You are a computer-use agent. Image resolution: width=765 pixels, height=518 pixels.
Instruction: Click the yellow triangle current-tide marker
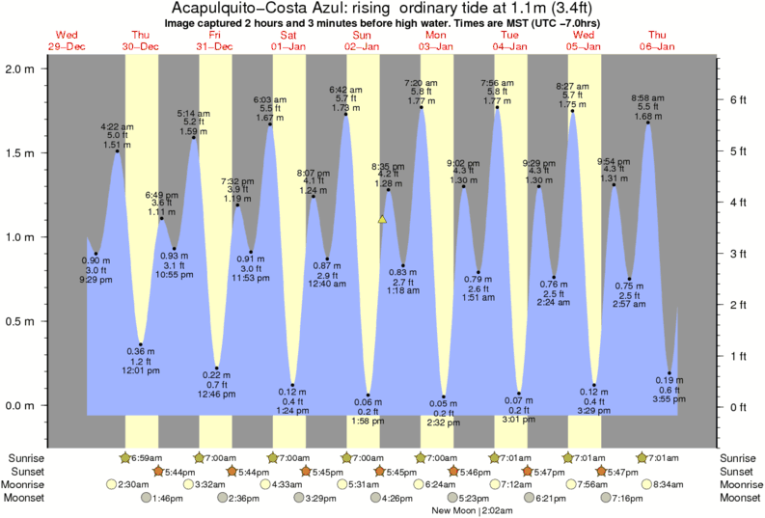[x=382, y=220]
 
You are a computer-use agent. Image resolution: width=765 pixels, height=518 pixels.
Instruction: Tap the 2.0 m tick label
[x=18, y=69]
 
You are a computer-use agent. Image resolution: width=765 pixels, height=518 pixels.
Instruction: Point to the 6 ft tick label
[x=738, y=99]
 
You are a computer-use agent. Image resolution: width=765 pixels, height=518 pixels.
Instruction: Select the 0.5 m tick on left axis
[x=18, y=321]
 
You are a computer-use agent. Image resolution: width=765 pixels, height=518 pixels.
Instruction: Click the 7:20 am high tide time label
[x=421, y=82]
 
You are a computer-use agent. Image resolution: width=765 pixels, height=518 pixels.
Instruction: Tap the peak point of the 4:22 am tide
[x=118, y=151]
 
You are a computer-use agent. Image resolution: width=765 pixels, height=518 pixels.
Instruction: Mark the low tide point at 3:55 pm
[x=669, y=374]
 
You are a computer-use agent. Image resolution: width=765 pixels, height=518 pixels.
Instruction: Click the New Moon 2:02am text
[x=472, y=510]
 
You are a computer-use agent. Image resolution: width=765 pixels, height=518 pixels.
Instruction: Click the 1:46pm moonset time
[x=170, y=498]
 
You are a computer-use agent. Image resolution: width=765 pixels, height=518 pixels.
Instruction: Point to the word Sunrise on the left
[x=26, y=457]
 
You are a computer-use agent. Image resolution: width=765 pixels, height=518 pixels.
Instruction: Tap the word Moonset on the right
[x=736, y=498]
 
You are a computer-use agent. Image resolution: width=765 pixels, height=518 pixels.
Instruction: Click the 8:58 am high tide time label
[x=647, y=97]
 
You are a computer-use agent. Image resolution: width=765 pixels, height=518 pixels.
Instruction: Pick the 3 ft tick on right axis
[x=738, y=253]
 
